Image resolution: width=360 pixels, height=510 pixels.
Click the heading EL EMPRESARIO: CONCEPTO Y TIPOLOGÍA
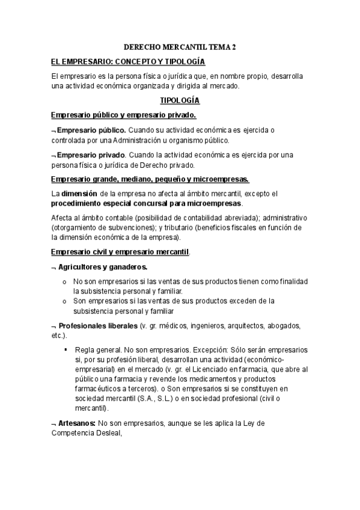[x=128, y=62]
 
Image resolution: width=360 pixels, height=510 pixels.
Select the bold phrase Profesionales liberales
[x=97, y=325]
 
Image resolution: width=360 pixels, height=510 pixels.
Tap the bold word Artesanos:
[x=77, y=423]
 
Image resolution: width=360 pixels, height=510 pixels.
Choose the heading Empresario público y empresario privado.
[x=123, y=114]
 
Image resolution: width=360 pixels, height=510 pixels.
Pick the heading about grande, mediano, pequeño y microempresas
[x=150, y=179]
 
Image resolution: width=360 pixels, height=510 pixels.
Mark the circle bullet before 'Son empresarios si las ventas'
[x=65, y=300]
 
